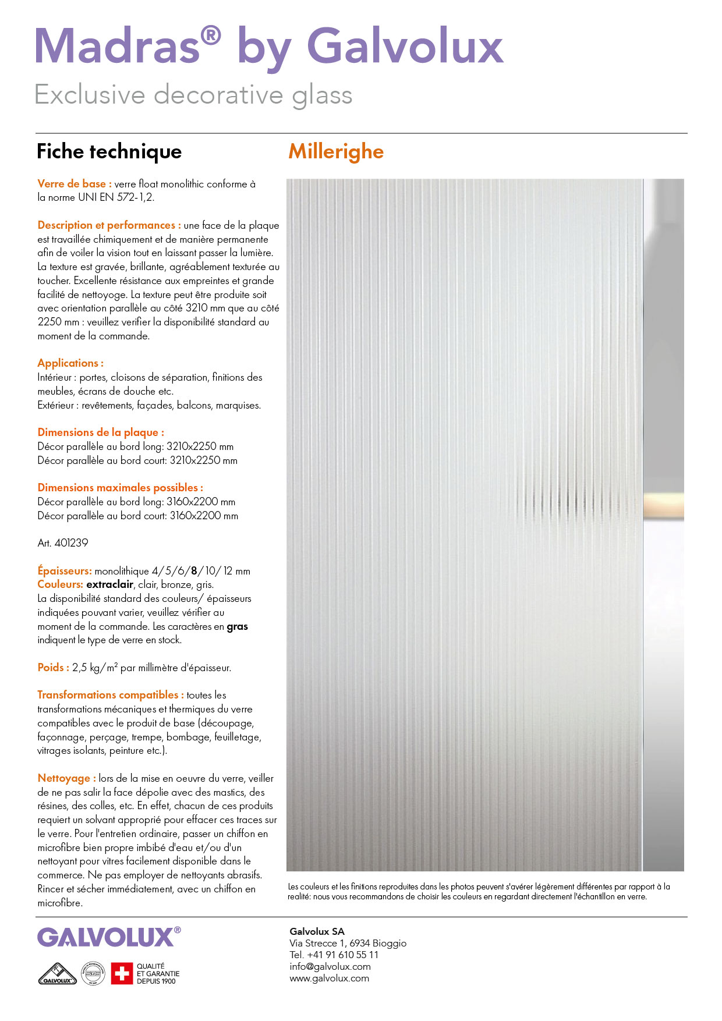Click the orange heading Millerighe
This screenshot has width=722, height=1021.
coord(336,152)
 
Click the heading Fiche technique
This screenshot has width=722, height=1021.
coord(109,152)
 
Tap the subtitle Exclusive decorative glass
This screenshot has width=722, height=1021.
coord(193,95)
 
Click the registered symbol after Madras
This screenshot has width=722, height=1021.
coord(211,37)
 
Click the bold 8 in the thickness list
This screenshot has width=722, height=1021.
coord(194,571)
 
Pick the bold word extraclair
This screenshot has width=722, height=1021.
coord(110,584)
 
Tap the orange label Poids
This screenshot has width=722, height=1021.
coord(53,668)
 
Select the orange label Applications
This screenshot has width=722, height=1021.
coord(70,363)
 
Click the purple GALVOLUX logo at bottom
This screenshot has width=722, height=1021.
coord(106,938)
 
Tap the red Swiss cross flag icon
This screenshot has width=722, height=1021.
coord(122,973)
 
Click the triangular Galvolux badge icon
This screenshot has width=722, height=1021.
coord(57,974)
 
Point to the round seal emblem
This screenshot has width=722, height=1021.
coord(93,973)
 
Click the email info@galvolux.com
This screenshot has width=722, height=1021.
coord(330,966)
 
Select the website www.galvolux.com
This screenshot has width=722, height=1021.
coord(329,978)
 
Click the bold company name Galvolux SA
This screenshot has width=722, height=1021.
coord(317,931)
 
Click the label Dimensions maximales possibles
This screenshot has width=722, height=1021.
coord(120,488)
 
